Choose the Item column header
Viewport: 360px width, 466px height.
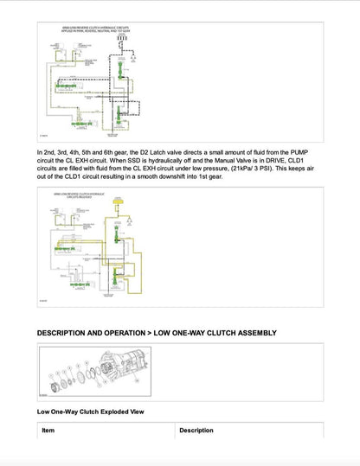click(x=48, y=430)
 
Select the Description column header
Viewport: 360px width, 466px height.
click(x=196, y=430)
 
